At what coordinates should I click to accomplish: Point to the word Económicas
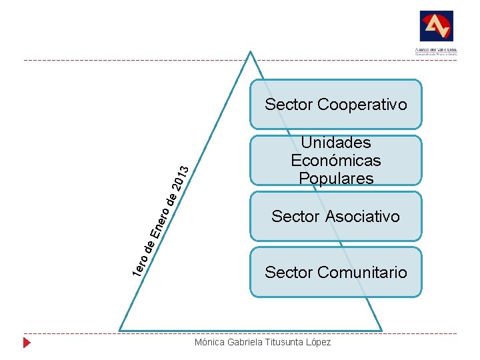point(336,161)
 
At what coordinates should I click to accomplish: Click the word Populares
point(336,179)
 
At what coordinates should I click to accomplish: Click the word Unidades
point(336,143)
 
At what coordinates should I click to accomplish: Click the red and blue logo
point(436,27)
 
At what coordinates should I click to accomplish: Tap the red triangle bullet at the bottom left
point(27,343)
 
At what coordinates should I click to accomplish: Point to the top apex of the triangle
point(250,52)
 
